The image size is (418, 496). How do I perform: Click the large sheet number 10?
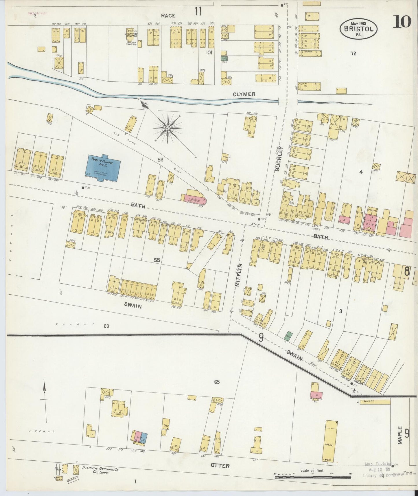point(402,22)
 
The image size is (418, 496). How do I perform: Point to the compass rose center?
point(167,128)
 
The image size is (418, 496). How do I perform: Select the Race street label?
point(168,16)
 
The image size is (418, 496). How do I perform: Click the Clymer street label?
point(245,94)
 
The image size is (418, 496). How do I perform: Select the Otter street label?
point(220,466)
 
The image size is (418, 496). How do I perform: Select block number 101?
point(209,53)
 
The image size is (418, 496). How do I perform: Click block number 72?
point(353,54)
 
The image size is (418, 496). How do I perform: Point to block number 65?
point(217,382)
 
